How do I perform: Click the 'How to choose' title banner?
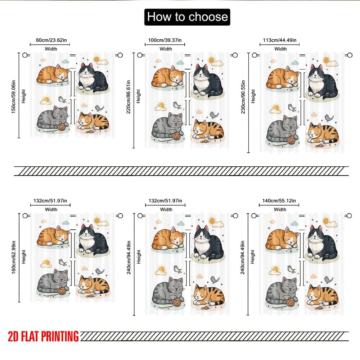click(186, 17)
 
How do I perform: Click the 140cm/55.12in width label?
click(279, 201)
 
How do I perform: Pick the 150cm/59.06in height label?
click(13, 95)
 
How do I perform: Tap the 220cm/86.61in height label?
click(129, 97)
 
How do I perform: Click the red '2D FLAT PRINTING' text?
click(43, 337)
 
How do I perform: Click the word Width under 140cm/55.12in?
click(280, 209)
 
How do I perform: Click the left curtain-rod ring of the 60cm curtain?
click(25, 55)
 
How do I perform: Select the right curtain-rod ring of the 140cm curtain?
click(348, 216)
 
